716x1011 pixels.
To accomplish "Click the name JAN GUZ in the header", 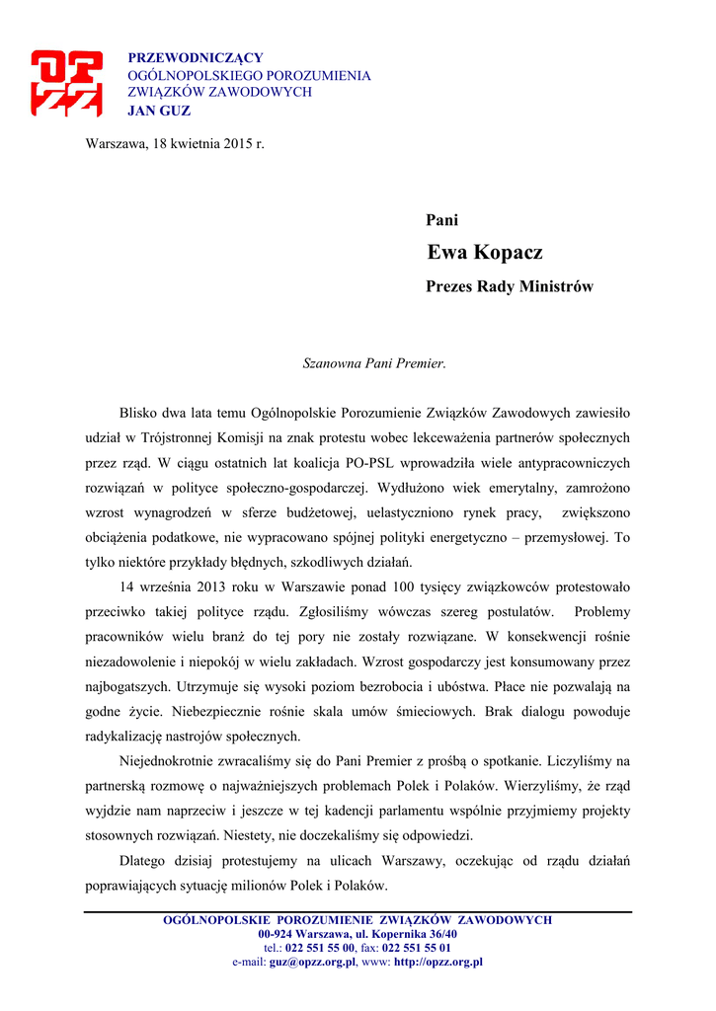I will click(159, 111).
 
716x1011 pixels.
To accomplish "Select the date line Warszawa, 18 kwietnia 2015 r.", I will click(176, 143).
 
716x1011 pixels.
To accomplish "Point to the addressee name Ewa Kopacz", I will click(485, 253).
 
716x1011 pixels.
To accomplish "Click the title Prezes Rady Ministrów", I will click(510, 287).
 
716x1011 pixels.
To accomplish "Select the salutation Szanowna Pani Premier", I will click(374, 363).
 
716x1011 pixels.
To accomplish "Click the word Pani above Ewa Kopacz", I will click(441, 220).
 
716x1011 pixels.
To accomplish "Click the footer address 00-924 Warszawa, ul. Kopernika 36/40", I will click(358, 934).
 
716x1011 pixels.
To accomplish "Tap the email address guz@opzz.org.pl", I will click(312, 962).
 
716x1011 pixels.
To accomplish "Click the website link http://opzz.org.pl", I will click(438, 962).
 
